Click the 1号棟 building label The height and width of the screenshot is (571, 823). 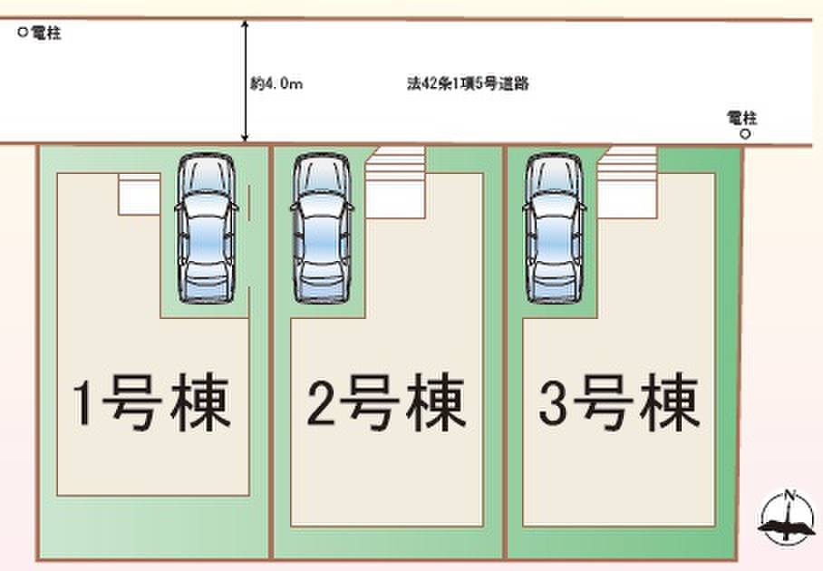[x=151, y=402]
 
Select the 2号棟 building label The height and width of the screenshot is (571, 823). [x=386, y=402]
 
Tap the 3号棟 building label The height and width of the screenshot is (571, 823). [x=619, y=402]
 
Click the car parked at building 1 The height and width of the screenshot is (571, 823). [x=207, y=228]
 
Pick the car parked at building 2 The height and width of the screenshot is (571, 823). [x=322, y=228]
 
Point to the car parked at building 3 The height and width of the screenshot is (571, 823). [x=555, y=228]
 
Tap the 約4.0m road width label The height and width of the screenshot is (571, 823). [x=276, y=83]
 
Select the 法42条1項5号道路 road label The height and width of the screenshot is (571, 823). [x=468, y=83]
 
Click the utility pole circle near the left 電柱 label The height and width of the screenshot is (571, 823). [x=23, y=32]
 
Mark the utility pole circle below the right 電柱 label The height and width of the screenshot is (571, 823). [x=745, y=134]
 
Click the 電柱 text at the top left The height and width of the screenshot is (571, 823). [x=46, y=33]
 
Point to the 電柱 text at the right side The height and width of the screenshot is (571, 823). [x=741, y=118]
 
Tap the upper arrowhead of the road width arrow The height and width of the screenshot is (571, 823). [x=244, y=24]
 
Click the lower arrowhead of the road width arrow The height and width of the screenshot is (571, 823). [x=244, y=138]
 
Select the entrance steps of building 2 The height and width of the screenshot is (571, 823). [x=395, y=182]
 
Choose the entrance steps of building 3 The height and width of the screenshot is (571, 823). [x=628, y=182]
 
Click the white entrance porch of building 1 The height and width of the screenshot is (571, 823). [x=139, y=194]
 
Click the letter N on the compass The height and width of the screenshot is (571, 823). [x=789, y=494]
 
